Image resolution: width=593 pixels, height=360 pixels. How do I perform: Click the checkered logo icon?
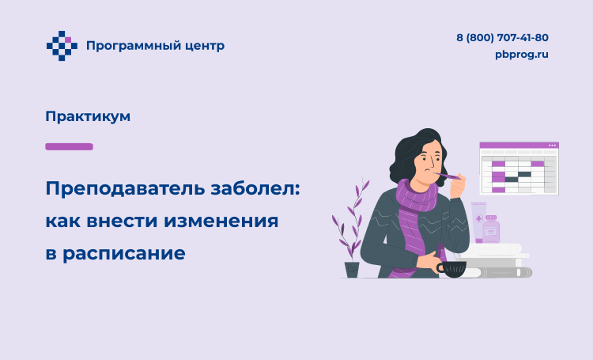click(62, 46)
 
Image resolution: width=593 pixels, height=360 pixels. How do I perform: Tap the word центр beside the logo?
click(205, 47)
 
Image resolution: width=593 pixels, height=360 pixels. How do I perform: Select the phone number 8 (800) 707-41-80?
click(502, 37)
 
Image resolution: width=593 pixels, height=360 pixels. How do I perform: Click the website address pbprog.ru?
click(522, 55)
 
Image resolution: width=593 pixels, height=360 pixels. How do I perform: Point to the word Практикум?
click(88, 116)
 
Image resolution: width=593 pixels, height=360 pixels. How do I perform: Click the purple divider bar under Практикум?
click(70, 146)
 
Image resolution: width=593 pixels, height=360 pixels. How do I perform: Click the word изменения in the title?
click(221, 221)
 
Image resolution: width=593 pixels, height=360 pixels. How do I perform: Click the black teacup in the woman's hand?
click(451, 269)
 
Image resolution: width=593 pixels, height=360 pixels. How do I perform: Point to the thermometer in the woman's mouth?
click(447, 176)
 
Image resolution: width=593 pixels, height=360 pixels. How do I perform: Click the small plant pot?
click(352, 270)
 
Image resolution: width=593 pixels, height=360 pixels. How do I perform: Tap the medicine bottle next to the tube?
click(491, 229)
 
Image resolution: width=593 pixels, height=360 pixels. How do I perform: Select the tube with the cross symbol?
click(478, 222)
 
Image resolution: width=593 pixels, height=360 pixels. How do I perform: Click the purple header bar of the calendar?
click(519, 146)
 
